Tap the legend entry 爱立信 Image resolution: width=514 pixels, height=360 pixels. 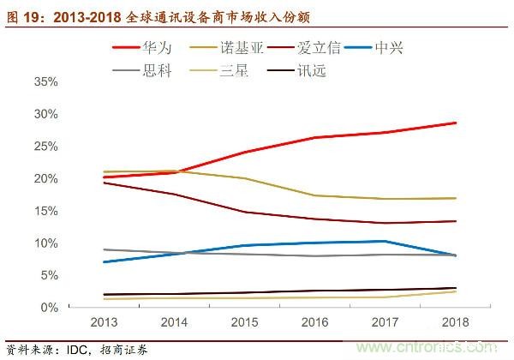343,46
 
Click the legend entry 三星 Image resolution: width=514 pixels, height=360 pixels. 239,69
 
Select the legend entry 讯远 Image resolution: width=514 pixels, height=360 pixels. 313,69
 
